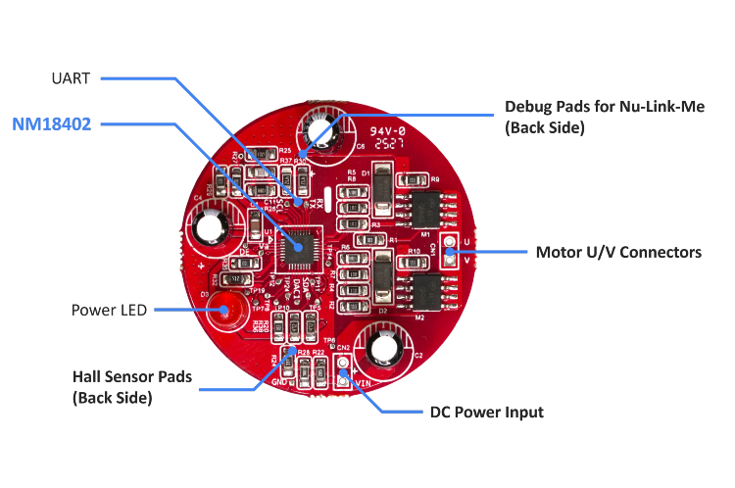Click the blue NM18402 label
coord(53,125)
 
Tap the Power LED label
coord(109,311)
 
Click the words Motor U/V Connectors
coord(618,253)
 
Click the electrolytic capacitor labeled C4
coord(210,227)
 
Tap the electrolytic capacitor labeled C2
coord(382,349)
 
